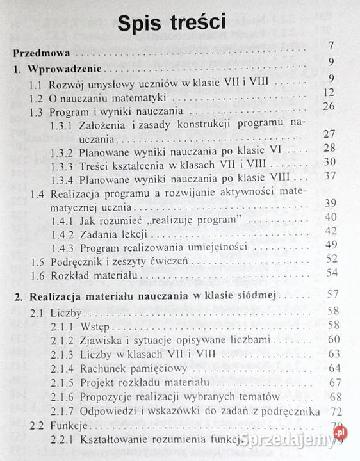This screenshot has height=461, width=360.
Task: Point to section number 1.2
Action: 38,97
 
